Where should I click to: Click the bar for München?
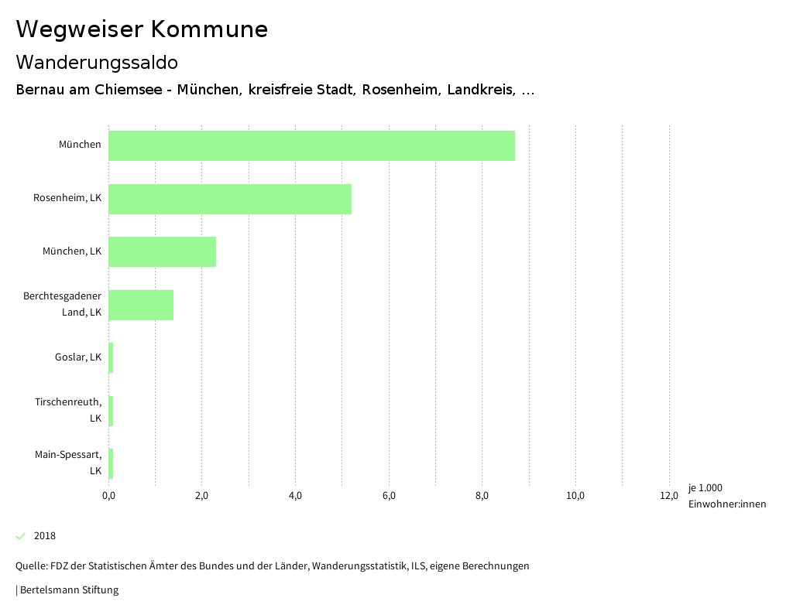[x=311, y=145]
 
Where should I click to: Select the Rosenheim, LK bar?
[x=230, y=199]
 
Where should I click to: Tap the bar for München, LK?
[x=162, y=251]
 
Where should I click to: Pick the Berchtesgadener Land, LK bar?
[x=141, y=305]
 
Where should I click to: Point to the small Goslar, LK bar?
[x=111, y=357]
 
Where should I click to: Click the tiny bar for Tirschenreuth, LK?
[x=111, y=411]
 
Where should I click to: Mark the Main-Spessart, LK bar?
[x=111, y=463]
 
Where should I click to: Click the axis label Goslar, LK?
[x=78, y=357]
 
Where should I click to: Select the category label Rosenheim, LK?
[x=67, y=198]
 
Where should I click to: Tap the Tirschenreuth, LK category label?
[x=68, y=410]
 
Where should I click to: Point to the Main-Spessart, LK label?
[x=68, y=463]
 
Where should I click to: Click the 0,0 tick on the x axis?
[x=108, y=496]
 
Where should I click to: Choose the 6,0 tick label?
[x=389, y=496]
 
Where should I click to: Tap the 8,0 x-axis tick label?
[x=482, y=496]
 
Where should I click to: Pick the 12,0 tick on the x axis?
[x=668, y=496]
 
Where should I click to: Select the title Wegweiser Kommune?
[x=142, y=29]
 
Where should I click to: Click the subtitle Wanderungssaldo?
[x=97, y=62]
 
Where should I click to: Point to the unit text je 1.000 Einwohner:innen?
[x=726, y=496]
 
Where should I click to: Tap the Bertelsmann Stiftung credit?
[x=68, y=590]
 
